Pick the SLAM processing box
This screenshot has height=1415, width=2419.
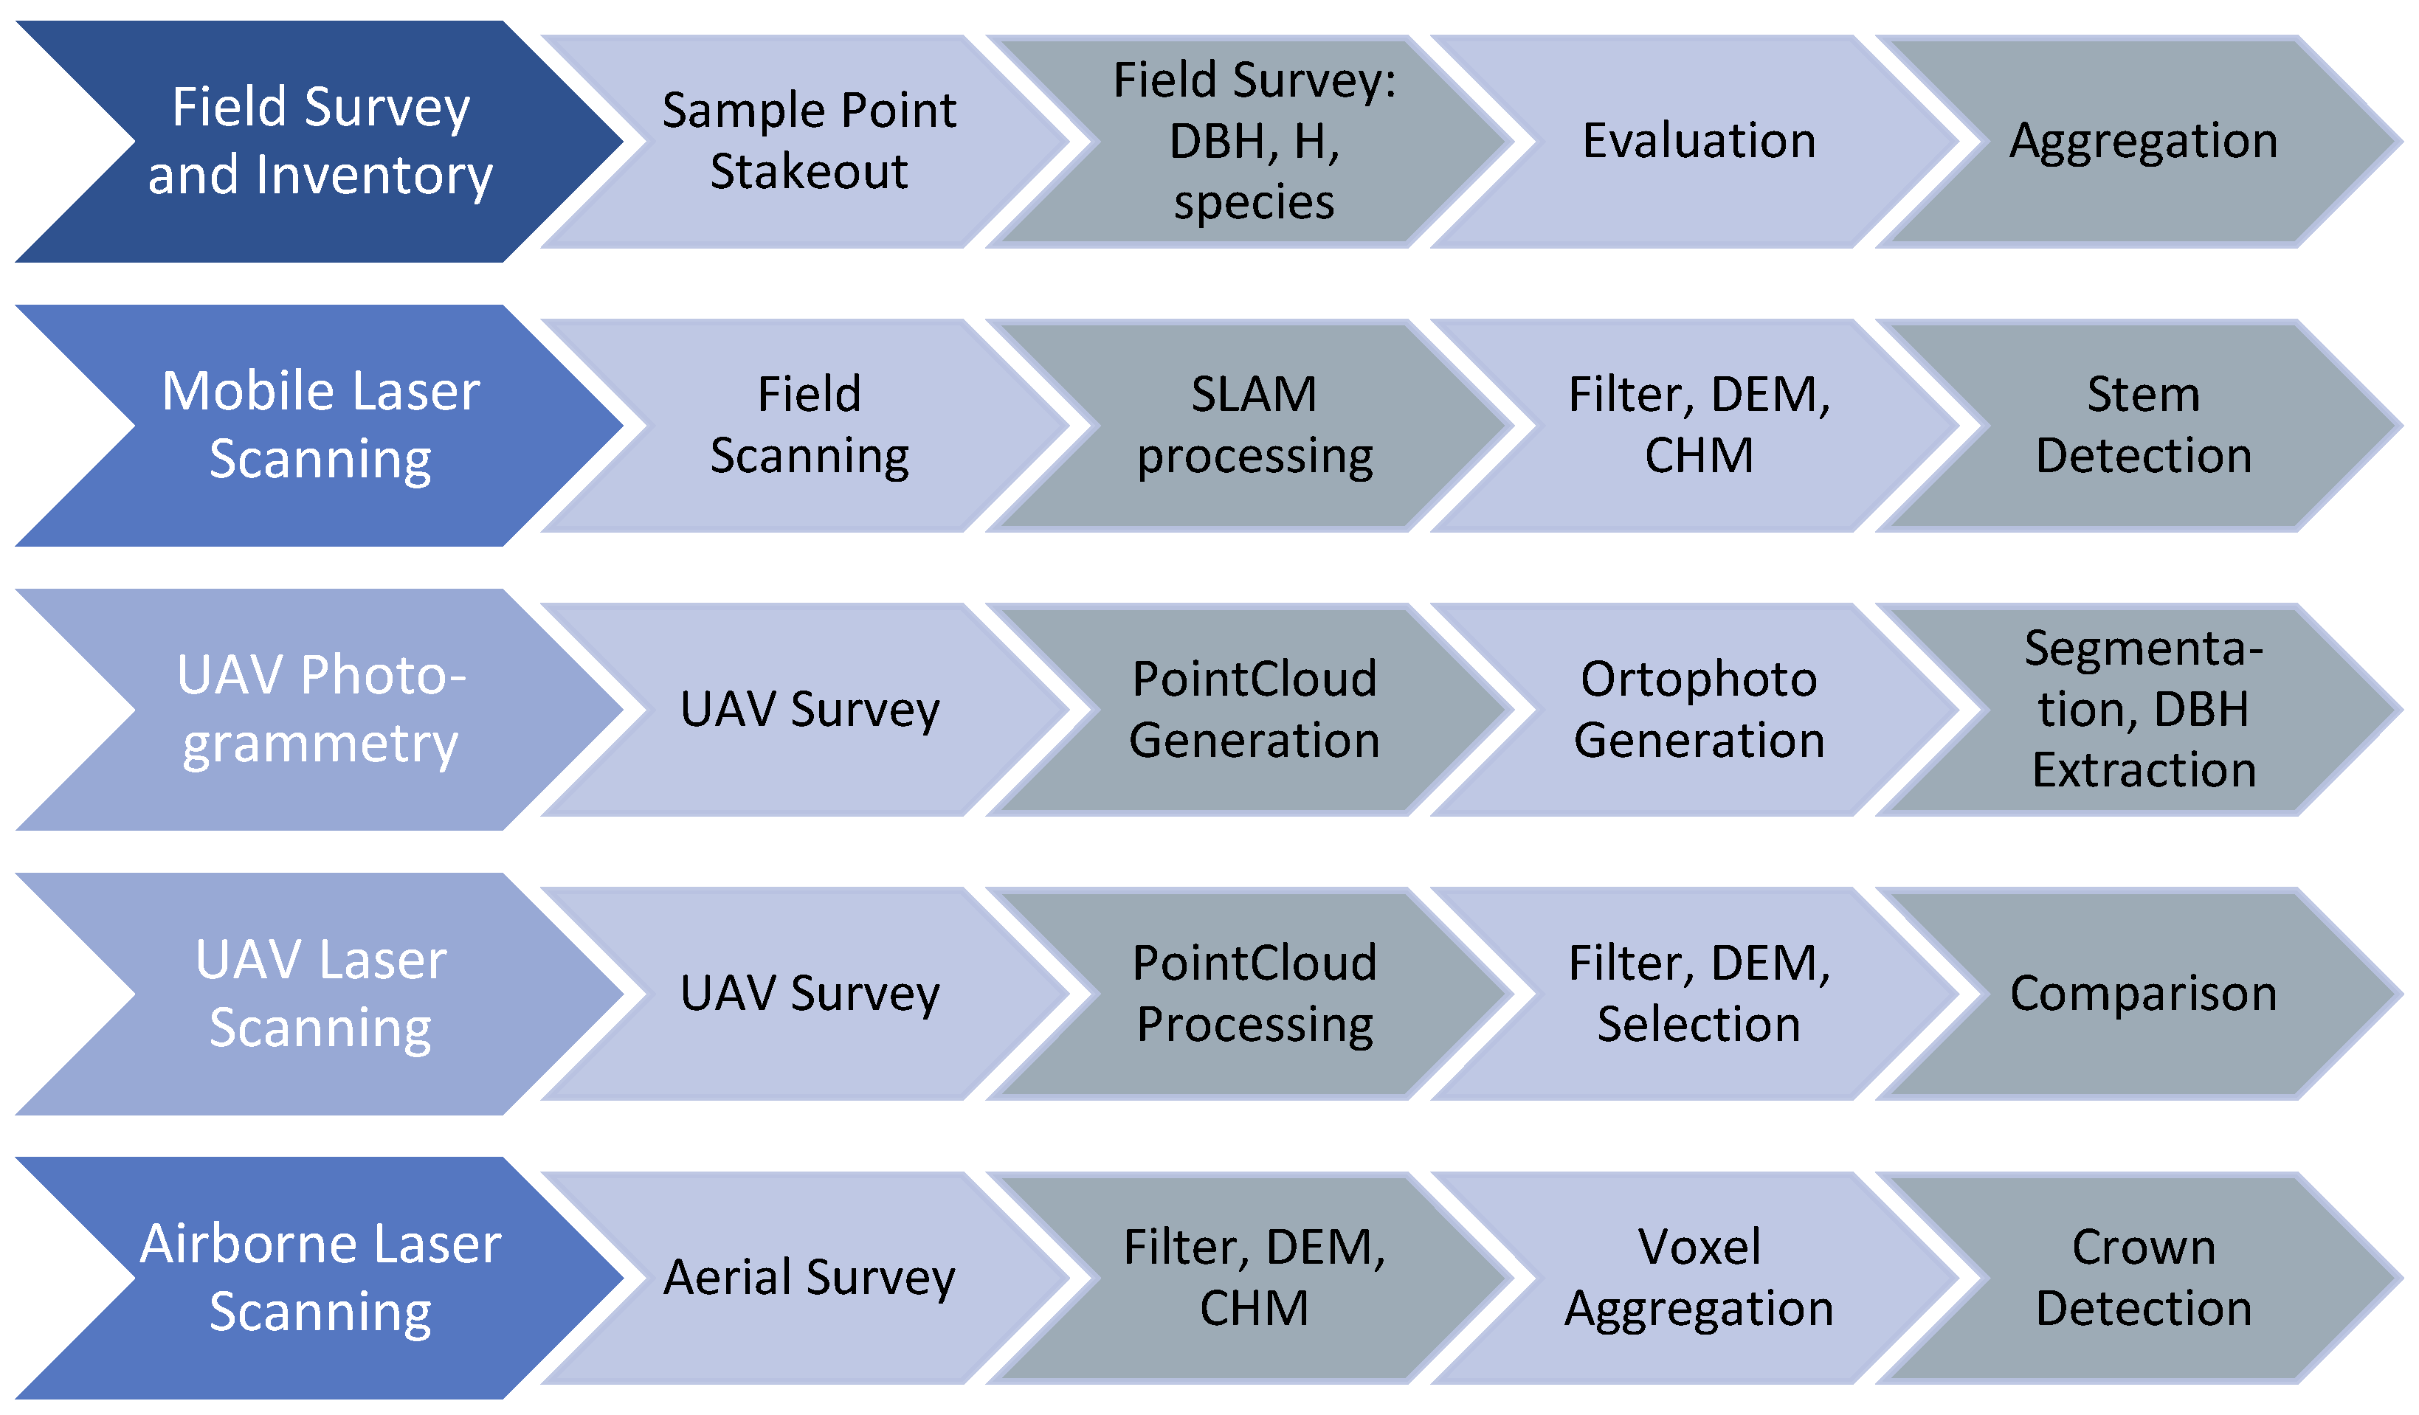tap(1254, 425)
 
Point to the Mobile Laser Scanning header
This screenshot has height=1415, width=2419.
tap(320, 425)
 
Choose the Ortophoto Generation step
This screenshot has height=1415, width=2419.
tap(1698, 710)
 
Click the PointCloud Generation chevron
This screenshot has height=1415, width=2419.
tap(1254, 710)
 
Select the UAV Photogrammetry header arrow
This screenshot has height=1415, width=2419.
tap(320, 710)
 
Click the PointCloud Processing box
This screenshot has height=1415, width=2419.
tap(1254, 994)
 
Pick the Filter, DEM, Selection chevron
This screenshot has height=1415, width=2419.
tap(1698, 994)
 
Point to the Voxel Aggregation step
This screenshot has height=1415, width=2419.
tap(1698, 1278)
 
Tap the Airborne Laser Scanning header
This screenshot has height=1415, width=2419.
tap(320, 1278)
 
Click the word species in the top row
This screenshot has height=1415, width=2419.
tap(1254, 204)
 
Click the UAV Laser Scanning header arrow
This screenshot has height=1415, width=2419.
tap(320, 994)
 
